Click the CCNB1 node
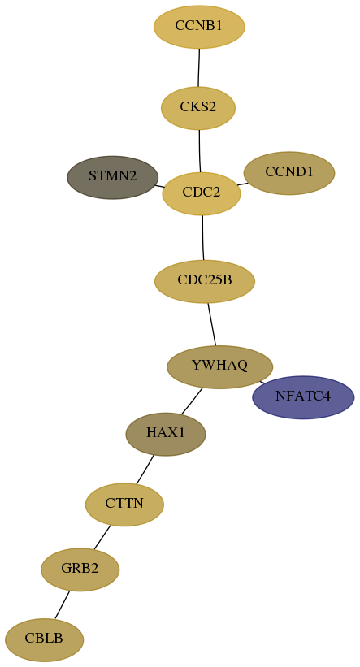[x=199, y=27]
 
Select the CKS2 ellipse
[x=198, y=108]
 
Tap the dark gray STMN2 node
[x=113, y=177]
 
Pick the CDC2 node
[x=202, y=193]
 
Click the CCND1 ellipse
[x=289, y=173]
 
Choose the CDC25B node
[x=205, y=281]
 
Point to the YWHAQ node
[x=219, y=366]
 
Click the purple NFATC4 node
[x=303, y=397]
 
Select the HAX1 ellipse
[x=166, y=435]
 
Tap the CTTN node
[x=124, y=505]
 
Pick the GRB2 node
[x=80, y=570]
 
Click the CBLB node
[x=44, y=639]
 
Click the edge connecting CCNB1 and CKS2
[x=199, y=67]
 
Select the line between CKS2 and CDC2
[x=200, y=151]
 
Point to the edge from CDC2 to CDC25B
[x=203, y=237]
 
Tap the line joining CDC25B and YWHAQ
[x=212, y=324]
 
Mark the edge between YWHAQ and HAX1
[x=193, y=401]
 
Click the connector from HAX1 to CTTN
[x=145, y=470]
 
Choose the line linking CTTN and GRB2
[x=102, y=537]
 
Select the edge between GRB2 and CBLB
[x=62, y=605]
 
